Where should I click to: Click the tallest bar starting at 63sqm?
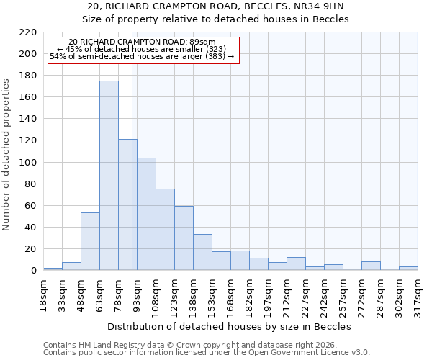pos(109,176)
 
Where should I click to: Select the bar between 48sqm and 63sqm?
pos(90,241)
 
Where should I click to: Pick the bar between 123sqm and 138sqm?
pos(184,238)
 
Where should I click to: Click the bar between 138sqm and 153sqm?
pos(202,252)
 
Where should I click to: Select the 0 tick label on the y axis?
pos(33,271)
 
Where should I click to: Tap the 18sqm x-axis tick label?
pos(43,293)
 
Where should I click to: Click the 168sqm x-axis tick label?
pos(230,293)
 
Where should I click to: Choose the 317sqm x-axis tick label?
pos(418,293)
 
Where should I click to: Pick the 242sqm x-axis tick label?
pos(324,293)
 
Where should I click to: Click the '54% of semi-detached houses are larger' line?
pos(142,56)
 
